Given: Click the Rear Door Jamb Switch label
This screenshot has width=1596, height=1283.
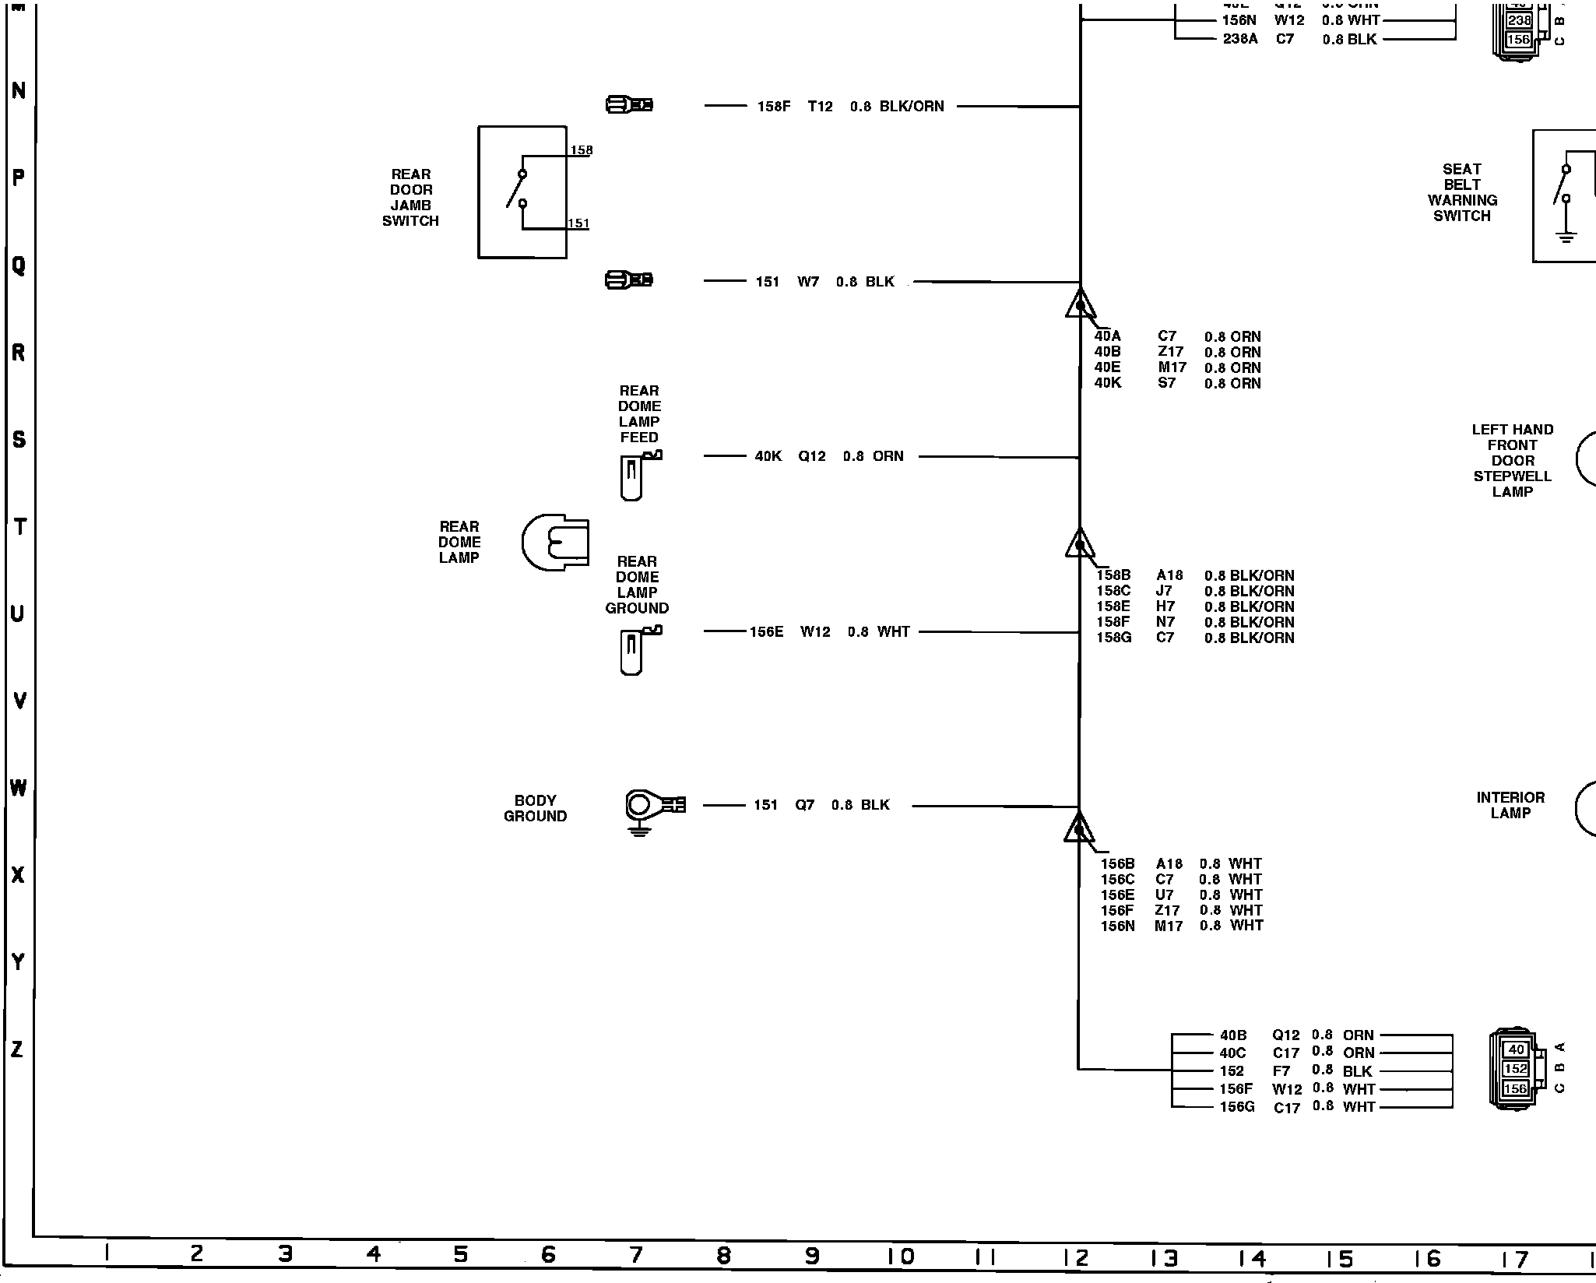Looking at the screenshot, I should click(410, 198).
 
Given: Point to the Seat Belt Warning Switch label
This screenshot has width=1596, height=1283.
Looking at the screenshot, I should click(1461, 192).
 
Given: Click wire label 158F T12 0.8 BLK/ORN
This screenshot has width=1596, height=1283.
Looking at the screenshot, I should click(850, 107).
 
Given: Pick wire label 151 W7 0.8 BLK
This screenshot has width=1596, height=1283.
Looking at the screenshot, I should click(824, 282).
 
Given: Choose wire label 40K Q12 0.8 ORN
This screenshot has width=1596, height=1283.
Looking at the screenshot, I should click(828, 456).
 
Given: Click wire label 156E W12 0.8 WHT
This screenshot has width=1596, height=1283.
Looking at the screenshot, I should click(829, 632).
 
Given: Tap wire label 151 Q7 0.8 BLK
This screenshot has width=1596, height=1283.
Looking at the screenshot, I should click(821, 805).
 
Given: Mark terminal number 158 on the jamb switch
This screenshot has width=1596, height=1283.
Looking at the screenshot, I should click(581, 150).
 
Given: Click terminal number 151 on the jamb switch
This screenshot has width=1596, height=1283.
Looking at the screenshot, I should click(578, 223).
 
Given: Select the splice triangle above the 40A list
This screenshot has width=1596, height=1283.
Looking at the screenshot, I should click(1080, 304).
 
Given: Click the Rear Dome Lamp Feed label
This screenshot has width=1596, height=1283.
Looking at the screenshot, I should click(639, 414).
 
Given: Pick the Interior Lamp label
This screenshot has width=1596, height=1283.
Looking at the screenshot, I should click(1510, 805).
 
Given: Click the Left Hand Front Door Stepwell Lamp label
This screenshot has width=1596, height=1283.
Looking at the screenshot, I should click(1512, 461).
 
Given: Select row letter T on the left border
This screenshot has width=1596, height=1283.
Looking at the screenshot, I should click(19, 526).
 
